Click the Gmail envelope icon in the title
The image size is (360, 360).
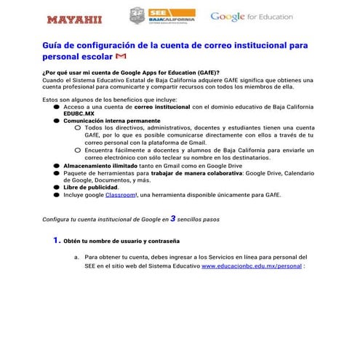pos(122,56)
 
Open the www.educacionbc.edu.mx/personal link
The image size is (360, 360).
pos(251,266)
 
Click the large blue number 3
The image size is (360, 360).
pos(173,217)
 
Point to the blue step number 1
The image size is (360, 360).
pos(56,239)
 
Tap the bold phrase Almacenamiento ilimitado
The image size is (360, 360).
pos(97,166)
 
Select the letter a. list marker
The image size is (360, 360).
pos(76,257)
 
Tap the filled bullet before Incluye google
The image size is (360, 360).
pos(57,195)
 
